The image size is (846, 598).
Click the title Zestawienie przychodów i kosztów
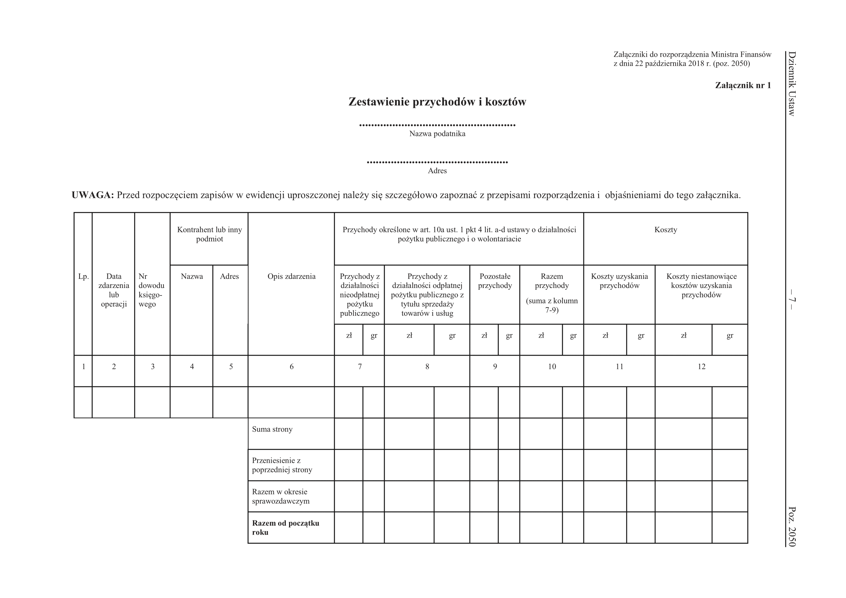(437, 102)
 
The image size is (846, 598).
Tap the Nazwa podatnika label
(437, 134)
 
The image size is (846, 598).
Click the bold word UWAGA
(93, 195)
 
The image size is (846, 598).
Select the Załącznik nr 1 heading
(743, 85)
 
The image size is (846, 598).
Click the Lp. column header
(84, 276)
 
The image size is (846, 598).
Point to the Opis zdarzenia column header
(292, 276)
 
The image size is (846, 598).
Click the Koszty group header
(666, 230)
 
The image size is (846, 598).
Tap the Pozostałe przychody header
(495, 281)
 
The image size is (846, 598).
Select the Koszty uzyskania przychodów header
(619, 281)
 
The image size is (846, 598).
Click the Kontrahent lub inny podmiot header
(209, 234)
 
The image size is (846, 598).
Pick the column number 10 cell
(552, 366)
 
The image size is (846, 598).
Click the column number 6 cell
(292, 366)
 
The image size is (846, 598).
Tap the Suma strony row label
(272, 429)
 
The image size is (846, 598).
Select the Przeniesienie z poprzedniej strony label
(282, 465)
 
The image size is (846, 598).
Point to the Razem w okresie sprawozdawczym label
(280, 496)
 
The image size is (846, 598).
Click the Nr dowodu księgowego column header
(151, 290)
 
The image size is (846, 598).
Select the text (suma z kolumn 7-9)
(552, 305)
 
